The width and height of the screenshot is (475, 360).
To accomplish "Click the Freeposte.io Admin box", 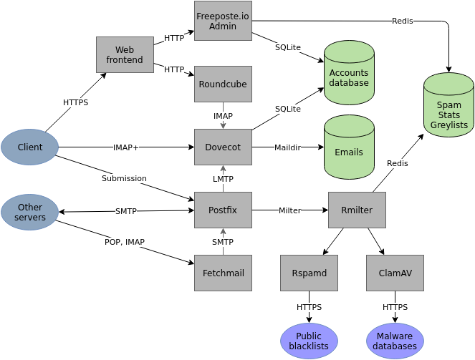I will (x=223, y=20).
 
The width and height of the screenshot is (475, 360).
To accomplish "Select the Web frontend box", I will (x=125, y=54).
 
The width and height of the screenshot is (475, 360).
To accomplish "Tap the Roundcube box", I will (x=223, y=84).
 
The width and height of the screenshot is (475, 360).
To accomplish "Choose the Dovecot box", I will (x=223, y=147).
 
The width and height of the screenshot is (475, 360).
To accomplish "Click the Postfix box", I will (x=223, y=210).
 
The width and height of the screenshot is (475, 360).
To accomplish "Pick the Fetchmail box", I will (x=223, y=273).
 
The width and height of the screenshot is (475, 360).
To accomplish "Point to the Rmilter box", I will (x=356, y=210).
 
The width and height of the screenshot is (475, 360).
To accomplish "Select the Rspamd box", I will (x=309, y=273).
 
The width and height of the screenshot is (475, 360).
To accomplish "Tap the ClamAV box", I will (x=395, y=273).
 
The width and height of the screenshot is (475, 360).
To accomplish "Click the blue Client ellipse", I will (x=29, y=147).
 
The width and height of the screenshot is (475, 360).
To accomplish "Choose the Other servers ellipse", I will (x=29, y=212).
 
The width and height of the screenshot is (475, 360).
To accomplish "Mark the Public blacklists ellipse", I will (x=309, y=341).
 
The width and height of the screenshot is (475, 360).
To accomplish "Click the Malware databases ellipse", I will (x=395, y=341).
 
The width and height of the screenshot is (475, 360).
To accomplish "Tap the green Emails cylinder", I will (x=349, y=151).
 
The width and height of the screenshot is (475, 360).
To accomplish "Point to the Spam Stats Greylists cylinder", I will (x=448, y=111).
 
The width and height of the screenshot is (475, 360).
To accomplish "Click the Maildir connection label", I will (x=288, y=147).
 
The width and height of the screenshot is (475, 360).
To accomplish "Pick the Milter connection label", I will (x=289, y=210).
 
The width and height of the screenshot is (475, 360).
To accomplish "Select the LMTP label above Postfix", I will (x=223, y=179).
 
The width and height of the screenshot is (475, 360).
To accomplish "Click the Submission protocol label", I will (x=124, y=178).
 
